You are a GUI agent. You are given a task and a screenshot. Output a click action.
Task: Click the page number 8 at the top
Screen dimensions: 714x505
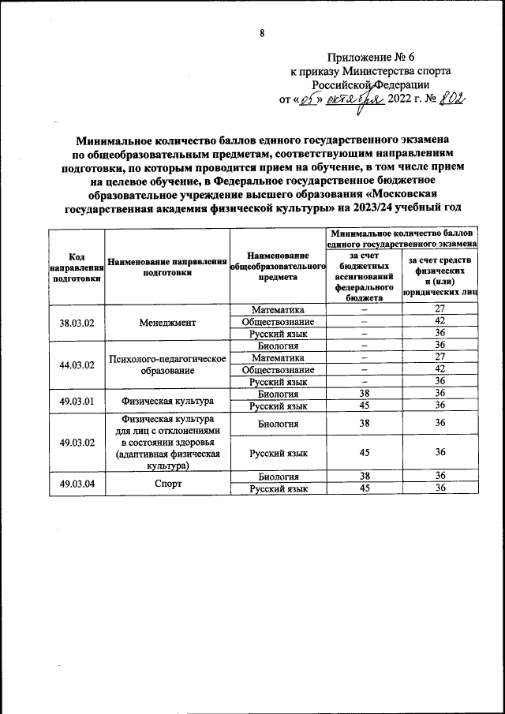pos(260,32)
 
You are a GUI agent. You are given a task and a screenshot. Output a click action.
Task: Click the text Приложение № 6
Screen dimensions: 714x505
pos(370,58)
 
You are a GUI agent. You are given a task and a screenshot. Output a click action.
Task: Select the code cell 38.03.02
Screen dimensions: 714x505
pos(77,322)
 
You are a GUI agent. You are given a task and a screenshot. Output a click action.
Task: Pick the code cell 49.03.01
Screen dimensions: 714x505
pos(77,400)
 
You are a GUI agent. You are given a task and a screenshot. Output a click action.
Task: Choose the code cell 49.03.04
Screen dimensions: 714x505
pos(77,482)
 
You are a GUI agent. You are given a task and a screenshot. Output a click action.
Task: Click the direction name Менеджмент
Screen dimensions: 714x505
pos(166,322)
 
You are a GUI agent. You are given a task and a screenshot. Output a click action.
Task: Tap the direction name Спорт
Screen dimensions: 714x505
pos(166,482)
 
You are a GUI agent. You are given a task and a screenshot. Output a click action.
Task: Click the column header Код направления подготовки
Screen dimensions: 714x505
pos(77,267)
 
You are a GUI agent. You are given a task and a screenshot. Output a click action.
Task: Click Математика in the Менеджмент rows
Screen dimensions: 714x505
pos(277,310)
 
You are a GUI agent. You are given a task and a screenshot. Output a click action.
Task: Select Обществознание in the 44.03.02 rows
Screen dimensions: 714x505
pos(277,369)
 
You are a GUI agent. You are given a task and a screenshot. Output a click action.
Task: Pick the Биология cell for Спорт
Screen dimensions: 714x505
pos(277,477)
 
